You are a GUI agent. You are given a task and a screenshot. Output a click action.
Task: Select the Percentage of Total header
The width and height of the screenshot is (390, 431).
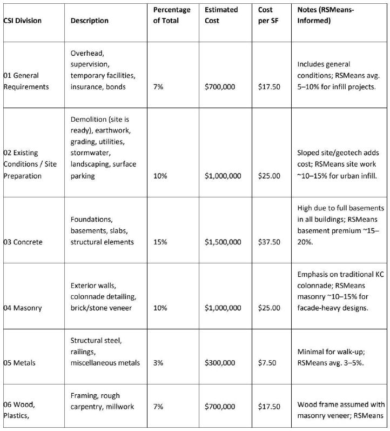(171, 15)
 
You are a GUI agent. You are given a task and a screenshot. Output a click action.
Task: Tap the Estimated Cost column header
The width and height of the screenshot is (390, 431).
(221, 15)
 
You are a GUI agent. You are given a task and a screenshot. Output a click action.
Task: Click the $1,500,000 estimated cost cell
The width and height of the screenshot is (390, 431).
(223, 242)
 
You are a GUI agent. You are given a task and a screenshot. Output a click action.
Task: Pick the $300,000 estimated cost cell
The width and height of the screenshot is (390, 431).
(220, 362)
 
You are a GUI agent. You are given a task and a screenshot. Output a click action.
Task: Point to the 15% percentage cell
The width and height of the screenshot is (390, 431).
(160, 242)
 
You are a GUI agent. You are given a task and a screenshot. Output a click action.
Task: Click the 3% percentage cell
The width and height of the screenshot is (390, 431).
(158, 362)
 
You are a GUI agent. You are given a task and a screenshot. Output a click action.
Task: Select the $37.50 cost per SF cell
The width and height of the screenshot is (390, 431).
(268, 242)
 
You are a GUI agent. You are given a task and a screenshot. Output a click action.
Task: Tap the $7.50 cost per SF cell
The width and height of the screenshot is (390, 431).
(266, 362)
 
